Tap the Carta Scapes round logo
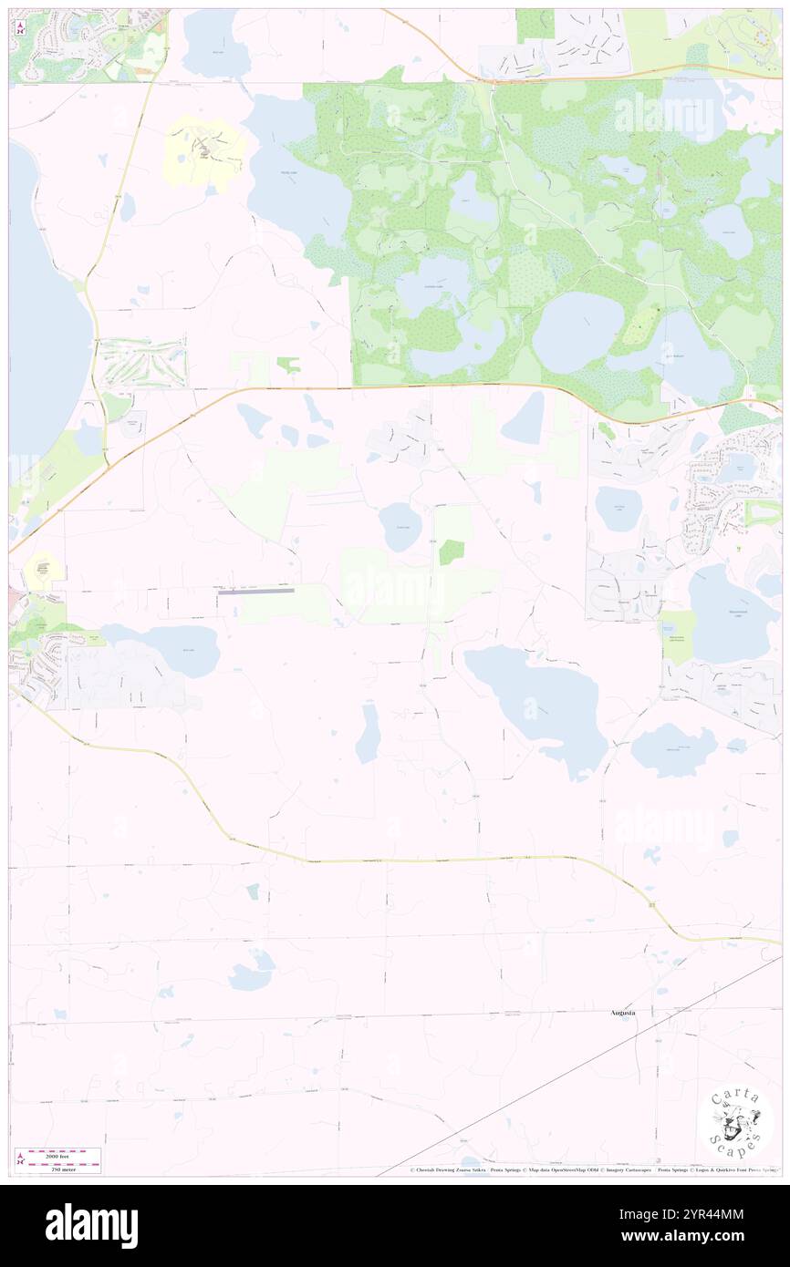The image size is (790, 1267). coord(735,1123)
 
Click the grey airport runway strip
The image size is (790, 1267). coord(255,591)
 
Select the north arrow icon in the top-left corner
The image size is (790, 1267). coord(19,28)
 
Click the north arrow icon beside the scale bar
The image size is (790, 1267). coord(20,1159)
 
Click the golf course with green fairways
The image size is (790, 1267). coord(142,361)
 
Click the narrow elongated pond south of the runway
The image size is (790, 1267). coord(369,732)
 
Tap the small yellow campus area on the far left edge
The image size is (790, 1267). coord(42,571)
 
